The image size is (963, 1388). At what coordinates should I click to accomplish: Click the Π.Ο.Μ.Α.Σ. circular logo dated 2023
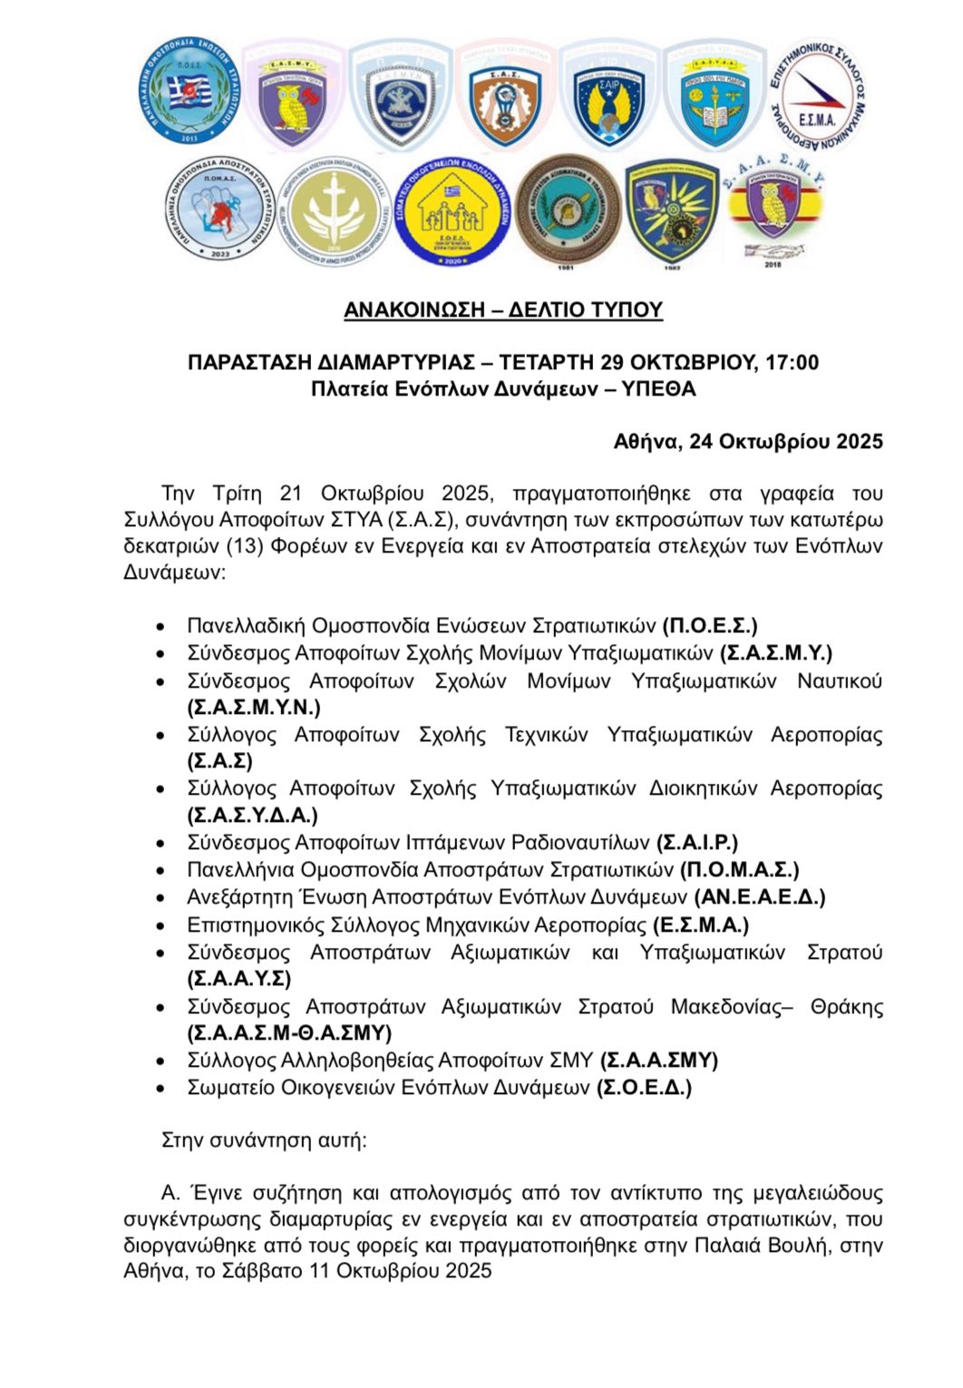pos(217,211)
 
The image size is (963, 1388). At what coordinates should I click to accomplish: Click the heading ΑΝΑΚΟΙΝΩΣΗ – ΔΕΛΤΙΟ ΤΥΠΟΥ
pos(503,310)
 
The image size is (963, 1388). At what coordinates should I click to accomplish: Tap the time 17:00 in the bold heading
pos(792,363)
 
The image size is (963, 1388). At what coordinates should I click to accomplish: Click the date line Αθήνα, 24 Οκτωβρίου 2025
pos(748,442)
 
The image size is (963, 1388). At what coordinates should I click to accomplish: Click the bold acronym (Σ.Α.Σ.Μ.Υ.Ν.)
pos(254,707)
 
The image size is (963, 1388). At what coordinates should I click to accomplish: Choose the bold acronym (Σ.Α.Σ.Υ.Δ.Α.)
pos(253,815)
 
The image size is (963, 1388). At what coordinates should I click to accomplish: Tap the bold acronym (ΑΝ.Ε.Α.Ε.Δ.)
pos(760,897)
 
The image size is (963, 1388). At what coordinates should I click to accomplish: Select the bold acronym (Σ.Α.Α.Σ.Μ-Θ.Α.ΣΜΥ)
pos(289,1032)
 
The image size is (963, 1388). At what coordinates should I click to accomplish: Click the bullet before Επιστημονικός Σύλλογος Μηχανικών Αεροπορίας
pos(160,926)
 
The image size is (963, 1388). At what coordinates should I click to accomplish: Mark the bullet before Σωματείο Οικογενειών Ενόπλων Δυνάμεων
pos(160,1089)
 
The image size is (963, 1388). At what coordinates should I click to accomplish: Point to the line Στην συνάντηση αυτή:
pos(264,1139)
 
